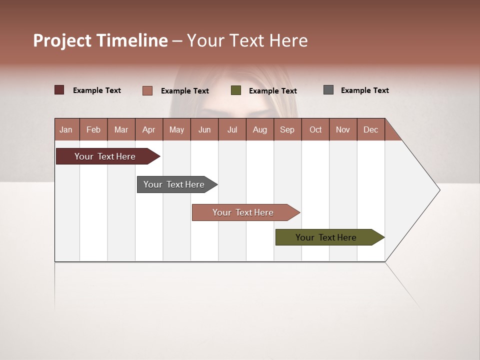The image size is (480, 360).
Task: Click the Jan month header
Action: pos(66,129)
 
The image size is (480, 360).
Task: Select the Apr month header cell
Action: pos(149,129)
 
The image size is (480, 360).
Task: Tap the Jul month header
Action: pos(232,129)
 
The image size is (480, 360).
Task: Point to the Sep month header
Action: pos(287,129)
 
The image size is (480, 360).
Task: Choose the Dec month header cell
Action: pos(370,129)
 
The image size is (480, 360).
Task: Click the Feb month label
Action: pos(93,129)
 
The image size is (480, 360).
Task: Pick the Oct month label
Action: pos(315,129)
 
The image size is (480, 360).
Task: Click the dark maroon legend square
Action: pos(59,90)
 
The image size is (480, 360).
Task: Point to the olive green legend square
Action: pos(236,90)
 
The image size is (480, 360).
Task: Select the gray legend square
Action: pos(328,90)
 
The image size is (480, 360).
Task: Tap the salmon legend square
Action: pos(147,90)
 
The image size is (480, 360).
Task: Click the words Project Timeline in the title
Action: pos(100,40)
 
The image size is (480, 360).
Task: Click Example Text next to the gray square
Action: pos(364,90)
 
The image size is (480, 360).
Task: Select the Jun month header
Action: pos(204,129)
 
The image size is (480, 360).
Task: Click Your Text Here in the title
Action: pos(247,40)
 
